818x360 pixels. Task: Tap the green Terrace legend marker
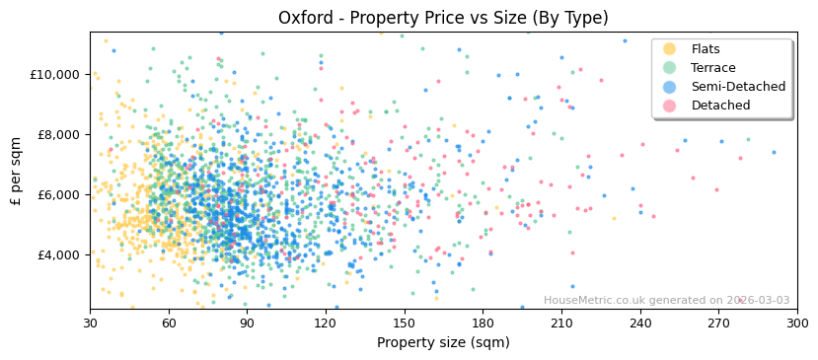670,68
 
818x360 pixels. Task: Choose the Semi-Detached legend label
738,87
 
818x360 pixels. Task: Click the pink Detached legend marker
670,106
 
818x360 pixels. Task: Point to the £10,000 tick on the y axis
54,74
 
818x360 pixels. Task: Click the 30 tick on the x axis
90,324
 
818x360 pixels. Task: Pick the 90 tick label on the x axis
247,324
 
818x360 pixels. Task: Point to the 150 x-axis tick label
404,324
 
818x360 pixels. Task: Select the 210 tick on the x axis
561,324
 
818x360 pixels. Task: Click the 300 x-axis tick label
796,324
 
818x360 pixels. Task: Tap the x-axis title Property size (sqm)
443,343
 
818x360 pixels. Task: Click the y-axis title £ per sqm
17,171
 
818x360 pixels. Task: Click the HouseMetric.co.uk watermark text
666,300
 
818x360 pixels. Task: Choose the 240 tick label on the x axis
639,324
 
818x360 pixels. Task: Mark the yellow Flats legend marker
670,49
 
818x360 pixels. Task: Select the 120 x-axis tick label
326,324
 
